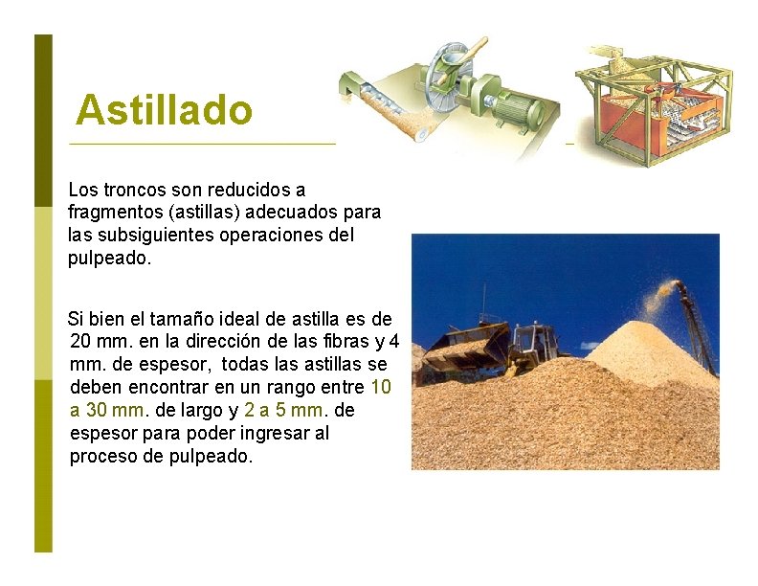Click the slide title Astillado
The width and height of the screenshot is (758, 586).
pyautogui.click(x=164, y=110)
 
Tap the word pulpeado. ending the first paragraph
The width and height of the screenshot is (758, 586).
pyautogui.click(x=109, y=258)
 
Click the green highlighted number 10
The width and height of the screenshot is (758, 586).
pyautogui.click(x=380, y=388)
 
